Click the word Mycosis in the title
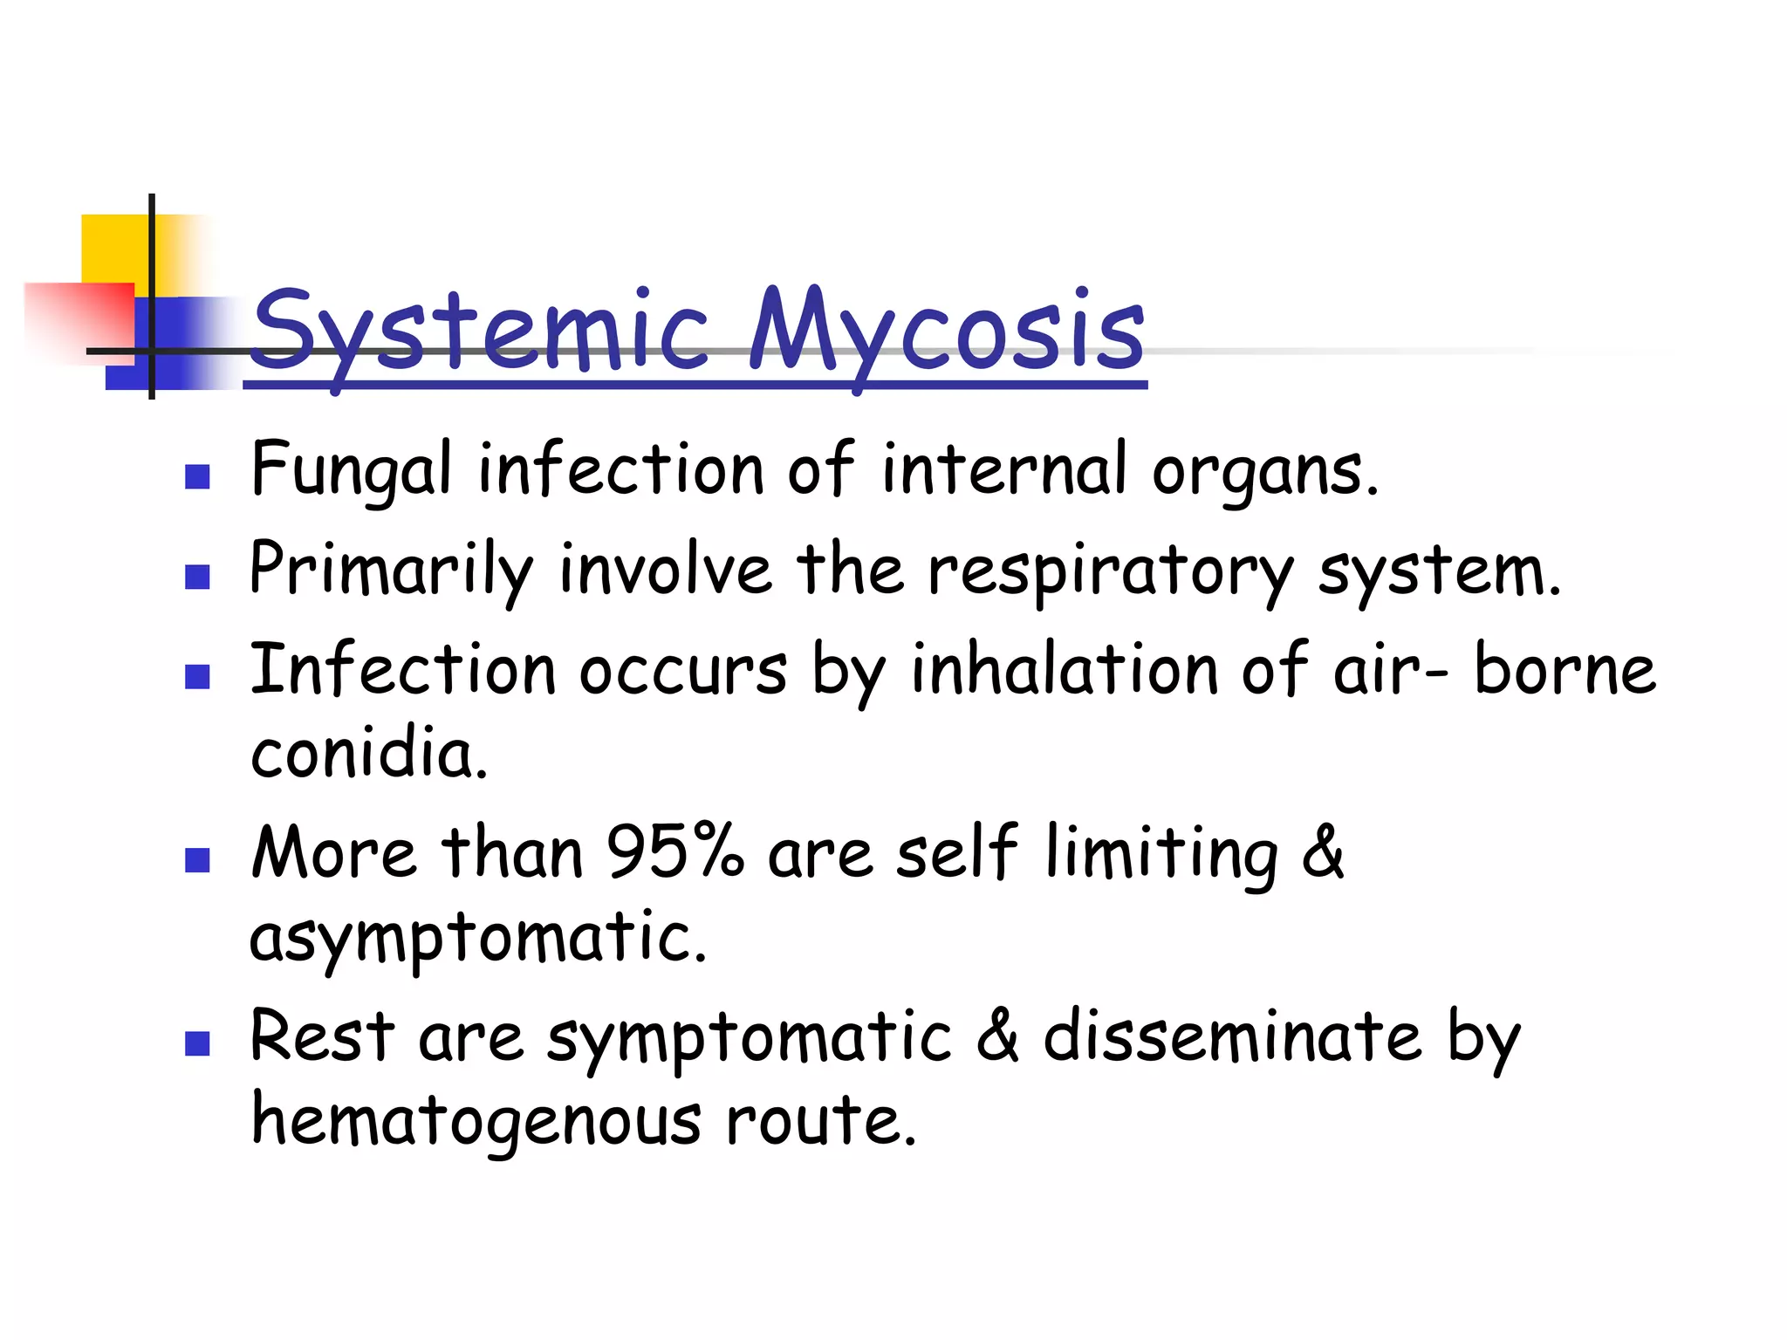[x=947, y=332]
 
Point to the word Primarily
[x=391, y=571]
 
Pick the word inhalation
[x=1065, y=670]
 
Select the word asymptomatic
[x=477, y=938]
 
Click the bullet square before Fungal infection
[x=198, y=476]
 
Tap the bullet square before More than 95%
[x=198, y=861]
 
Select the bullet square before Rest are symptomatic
[x=198, y=1044]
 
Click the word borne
[x=1564, y=670]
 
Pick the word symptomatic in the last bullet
[x=750, y=1038]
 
